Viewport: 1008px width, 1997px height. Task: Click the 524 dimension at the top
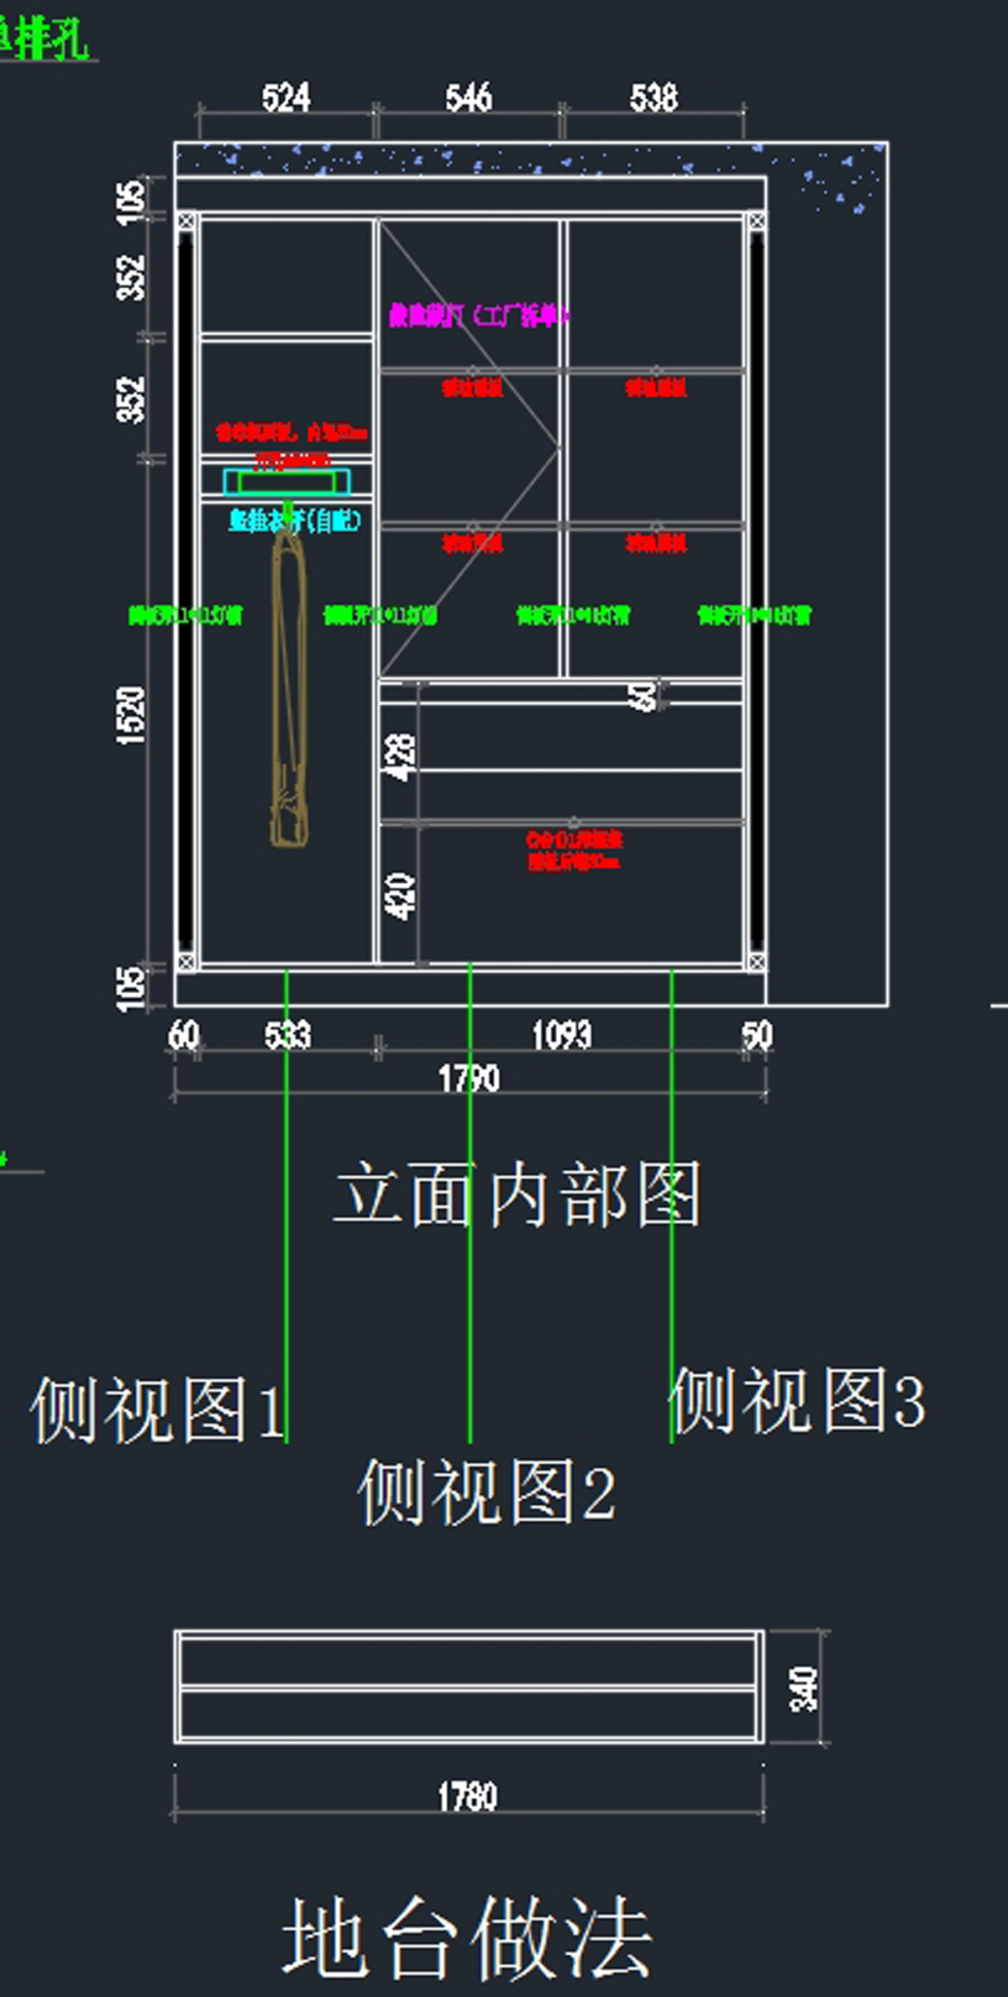[286, 98]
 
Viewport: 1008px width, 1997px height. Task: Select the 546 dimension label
[469, 98]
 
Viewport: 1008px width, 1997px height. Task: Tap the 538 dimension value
[654, 98]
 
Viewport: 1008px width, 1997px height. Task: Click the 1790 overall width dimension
[469, 1078]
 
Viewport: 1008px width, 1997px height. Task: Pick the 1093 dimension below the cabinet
[562, 1035]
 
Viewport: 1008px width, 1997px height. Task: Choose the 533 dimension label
[287, 1035]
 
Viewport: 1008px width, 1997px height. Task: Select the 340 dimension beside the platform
[803, 1688]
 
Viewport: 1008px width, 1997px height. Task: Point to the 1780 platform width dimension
[467, 1796]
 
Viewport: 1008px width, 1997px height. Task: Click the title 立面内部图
[517, 1195]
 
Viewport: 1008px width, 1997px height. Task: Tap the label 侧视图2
[486, 1491]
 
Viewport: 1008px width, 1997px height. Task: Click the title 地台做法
[467, 1939]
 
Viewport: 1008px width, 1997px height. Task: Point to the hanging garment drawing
[288, 688]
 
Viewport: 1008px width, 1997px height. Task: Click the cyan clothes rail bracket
[286, 483]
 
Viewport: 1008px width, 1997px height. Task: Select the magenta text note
[477, 316]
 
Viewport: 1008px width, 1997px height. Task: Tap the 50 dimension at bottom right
[756, 1035]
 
